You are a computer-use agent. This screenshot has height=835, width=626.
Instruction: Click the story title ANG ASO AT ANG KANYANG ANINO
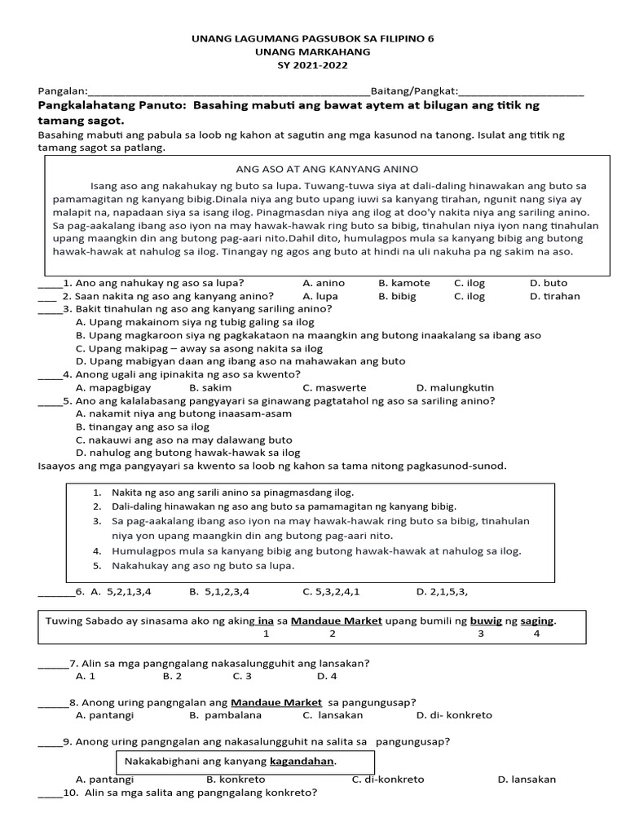(326, 169)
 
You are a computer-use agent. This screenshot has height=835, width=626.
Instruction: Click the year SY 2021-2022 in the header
(313, 65)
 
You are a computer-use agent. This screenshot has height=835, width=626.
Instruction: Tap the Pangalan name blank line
(228, 91)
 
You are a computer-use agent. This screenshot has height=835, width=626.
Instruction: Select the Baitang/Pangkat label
(415, 91)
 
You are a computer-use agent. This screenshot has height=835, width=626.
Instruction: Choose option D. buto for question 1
(549, 283)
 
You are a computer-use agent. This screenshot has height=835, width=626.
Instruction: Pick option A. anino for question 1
(324, 283)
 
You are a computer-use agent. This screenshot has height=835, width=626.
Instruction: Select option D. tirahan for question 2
(555, 296)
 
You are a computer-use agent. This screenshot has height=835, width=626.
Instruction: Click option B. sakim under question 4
(210, 387)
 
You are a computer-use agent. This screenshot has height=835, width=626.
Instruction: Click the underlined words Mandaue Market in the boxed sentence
(337, 621)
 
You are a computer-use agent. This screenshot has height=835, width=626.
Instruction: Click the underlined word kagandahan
(302, 761)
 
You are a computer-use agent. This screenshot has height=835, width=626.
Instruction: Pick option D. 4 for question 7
(327, 676)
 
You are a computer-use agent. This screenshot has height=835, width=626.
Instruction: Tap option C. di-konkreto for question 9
(388, 779)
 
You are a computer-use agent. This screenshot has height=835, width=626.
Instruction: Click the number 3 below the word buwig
(481, 634)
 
